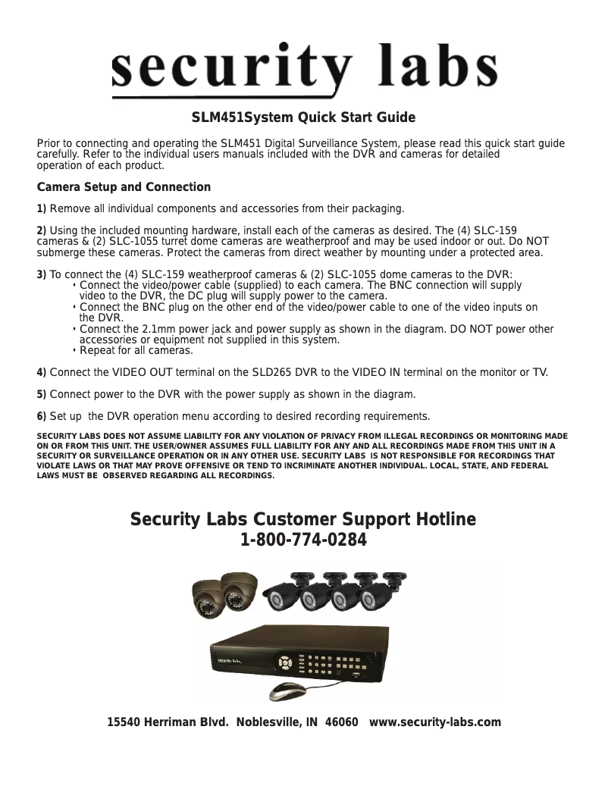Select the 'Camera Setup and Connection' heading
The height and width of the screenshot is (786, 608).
click(x=124, y=187)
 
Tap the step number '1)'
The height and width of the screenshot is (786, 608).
click(x=42, y=209)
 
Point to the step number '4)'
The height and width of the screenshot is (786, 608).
click(x=42, y=373)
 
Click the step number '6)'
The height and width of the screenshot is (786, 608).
click(x=42, y=417)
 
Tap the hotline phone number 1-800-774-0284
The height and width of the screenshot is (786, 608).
click(x=303, y=541)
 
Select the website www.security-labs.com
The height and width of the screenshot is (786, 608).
click(x=434, y=722)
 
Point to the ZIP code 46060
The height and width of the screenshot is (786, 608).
click(x=341, y=722)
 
